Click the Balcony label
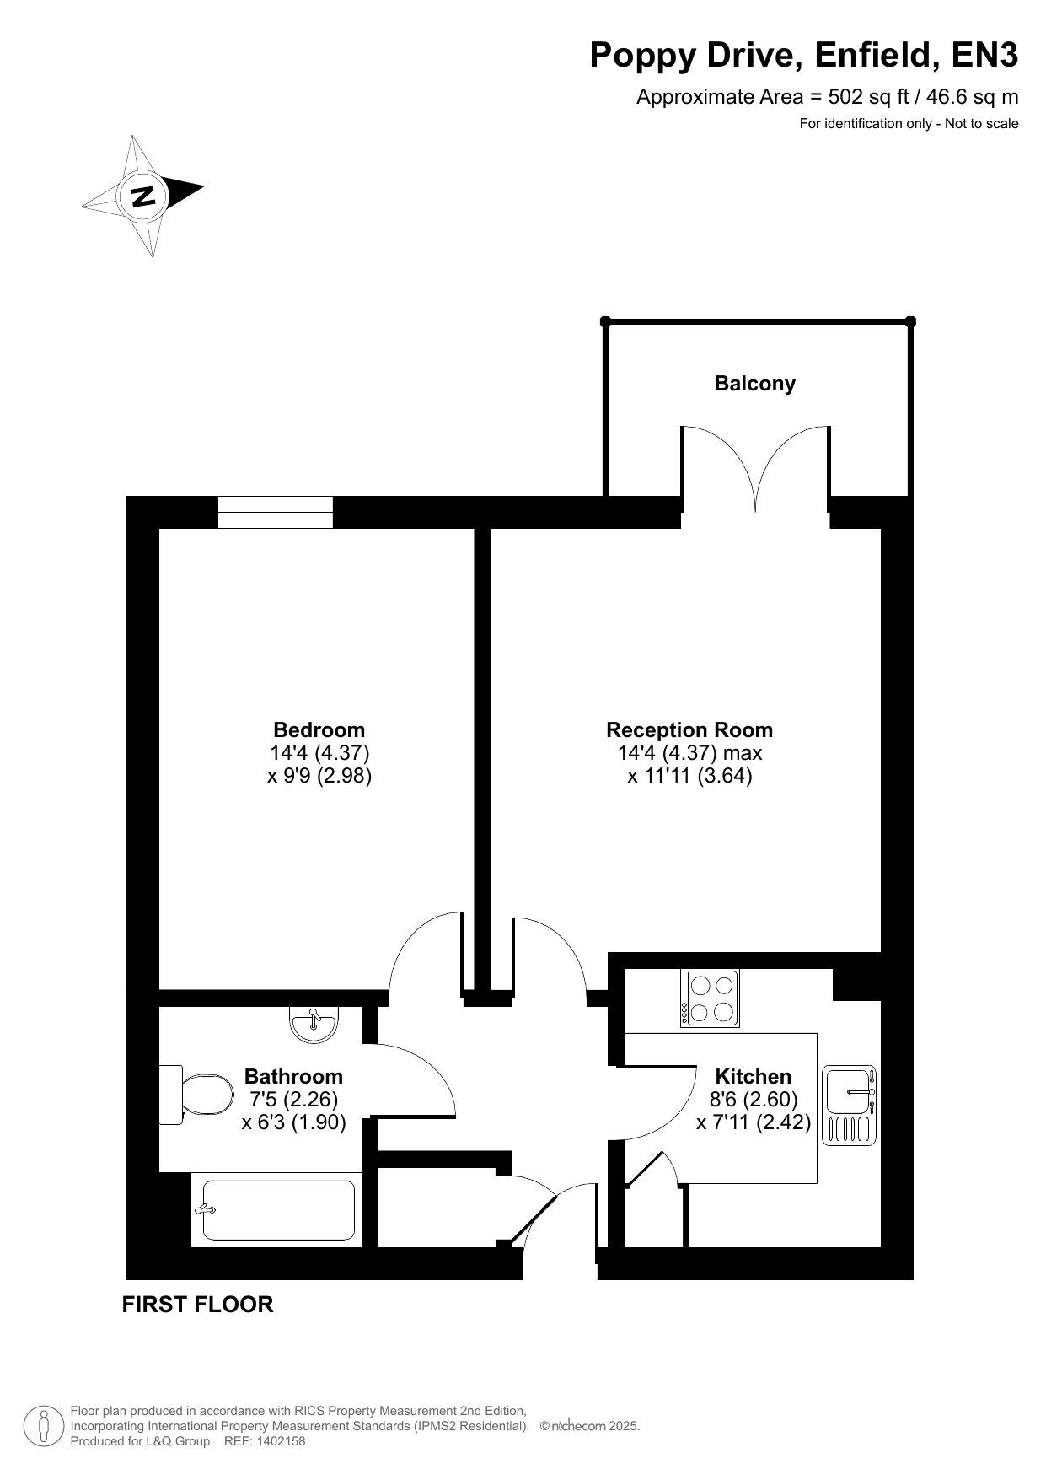pos(754,384)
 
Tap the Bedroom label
pos(319,729)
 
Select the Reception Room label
pos(689,729)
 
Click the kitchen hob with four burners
pos(711,998)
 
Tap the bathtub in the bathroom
pos(278,1210)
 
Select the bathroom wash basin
pos(314,1023)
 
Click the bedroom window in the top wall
pos(276,512)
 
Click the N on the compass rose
pos(142,196)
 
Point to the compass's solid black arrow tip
pos(203,186)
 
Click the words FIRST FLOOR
pos(198,1305)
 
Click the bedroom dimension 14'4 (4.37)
pos(319,752)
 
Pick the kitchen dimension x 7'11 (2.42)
pos(754,1122)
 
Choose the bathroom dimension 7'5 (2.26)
pos(294,1100)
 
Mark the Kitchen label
pos(754,1077)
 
